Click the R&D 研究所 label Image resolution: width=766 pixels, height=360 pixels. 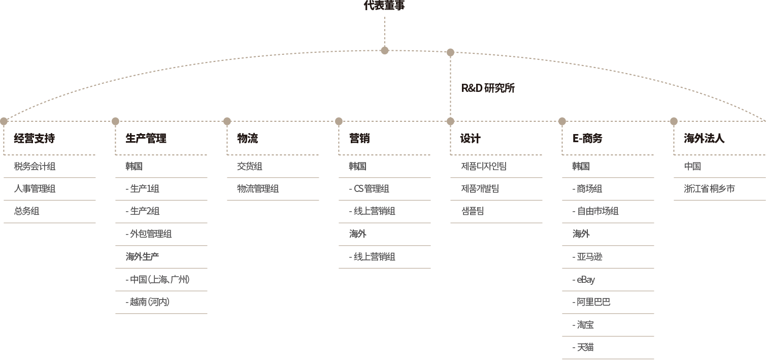(x=488, y=88)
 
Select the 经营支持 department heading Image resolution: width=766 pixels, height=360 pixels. (x=34, y=138)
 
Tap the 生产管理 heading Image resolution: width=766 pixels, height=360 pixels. (x=146, y=138)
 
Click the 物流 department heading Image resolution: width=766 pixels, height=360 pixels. (x=247, y=138)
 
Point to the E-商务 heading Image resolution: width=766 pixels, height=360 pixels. (x=587, y=138)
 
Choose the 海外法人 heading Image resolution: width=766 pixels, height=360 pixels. (x=704, y=138)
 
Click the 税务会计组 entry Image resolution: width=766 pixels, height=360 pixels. (x=35, y=166)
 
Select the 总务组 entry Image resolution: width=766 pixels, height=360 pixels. (x=26, y=211)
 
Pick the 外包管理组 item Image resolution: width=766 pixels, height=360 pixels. (x=149, y=234)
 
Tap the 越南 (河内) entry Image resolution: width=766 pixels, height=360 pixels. (x=147, y=302)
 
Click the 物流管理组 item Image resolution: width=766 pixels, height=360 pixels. (x=258, y=189)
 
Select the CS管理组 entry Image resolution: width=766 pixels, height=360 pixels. (x=369, y=189)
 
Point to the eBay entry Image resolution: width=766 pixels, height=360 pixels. (x=584, y=280)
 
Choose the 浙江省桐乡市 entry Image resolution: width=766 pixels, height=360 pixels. (x=709, y=189)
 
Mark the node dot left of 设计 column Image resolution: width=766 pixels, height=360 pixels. (x=450, y=121)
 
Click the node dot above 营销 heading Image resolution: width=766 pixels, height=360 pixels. (x=339, y=121)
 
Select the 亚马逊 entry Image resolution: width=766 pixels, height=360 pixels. (x=587, y=257)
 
